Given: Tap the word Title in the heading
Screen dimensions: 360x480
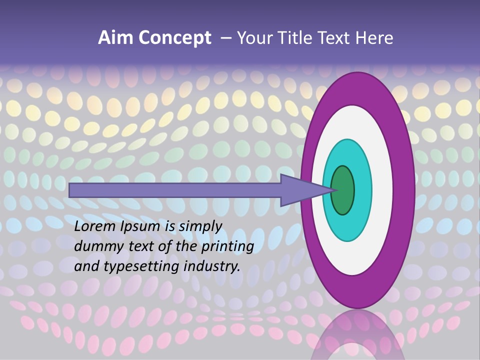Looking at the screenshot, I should click(x=298, y=38).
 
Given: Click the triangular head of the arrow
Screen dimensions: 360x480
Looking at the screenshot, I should click(x=300, y=190).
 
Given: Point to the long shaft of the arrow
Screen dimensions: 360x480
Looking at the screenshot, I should click(x=175, y=190).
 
